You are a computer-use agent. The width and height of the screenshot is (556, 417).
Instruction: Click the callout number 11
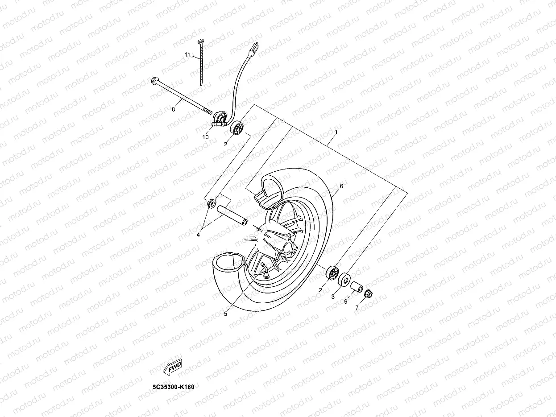tap(188, 55)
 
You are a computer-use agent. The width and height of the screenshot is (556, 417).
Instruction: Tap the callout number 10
tap(205, 137)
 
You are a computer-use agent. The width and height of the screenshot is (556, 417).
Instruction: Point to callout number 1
tap(336, 132)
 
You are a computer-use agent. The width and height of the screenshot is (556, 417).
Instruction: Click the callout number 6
tap(341, 186)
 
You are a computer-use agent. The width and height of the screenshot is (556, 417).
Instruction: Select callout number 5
tap(226, 314)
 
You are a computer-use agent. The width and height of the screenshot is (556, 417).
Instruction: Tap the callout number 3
tap(332, 296)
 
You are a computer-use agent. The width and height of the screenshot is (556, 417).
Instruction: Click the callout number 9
tap(345, 301)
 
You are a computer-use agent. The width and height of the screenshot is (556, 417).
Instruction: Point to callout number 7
tap(357, 307)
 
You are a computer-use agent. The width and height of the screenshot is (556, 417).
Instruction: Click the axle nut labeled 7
tap(369, 294)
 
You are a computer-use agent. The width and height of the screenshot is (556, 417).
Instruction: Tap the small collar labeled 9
tap(357, 287)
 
